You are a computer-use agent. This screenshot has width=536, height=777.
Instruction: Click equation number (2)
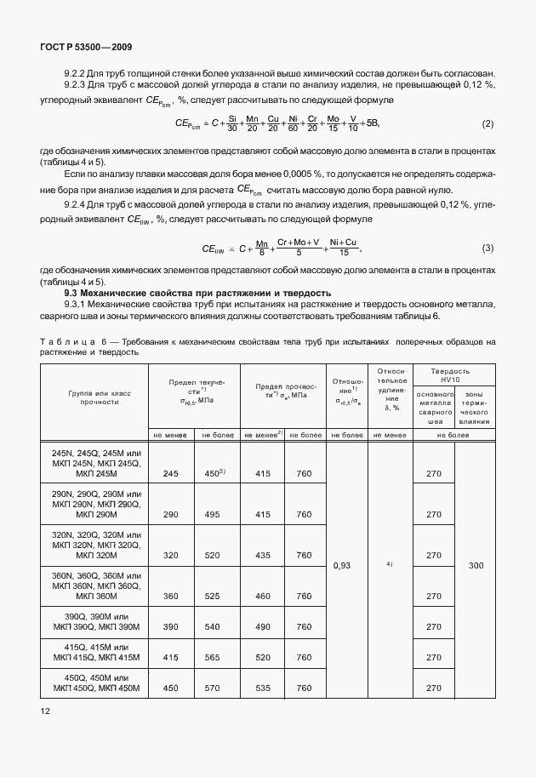488,124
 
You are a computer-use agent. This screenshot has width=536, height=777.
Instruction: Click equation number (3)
488,249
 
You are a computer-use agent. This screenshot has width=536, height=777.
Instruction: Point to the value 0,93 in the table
342,564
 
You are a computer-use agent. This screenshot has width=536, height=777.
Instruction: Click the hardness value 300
476,564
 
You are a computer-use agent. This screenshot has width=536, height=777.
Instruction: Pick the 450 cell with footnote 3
214,472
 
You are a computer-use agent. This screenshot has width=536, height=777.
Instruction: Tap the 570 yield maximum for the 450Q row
213,687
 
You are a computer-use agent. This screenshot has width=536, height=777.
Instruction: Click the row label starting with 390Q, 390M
94,621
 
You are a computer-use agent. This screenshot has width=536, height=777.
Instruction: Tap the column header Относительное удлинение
391,389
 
